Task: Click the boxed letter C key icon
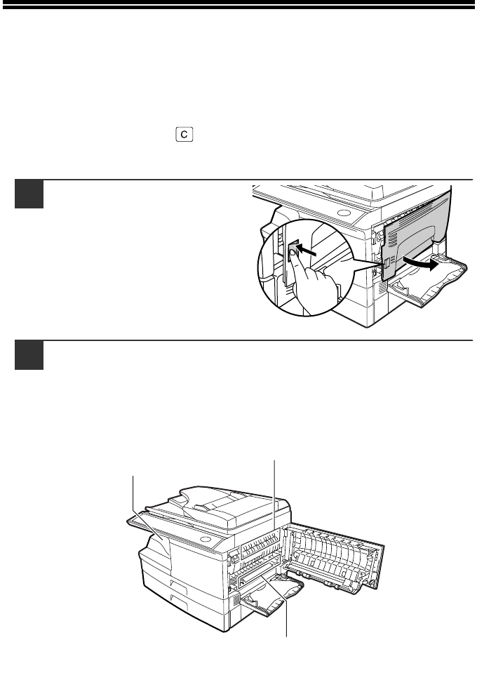pos(184,134)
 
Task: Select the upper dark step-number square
pos(29,194)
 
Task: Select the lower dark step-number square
pos(29,355)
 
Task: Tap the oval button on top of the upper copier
pos(344,213)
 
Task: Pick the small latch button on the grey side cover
pos(387,264)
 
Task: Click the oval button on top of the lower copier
pos(206,538)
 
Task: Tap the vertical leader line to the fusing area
pos(275,496)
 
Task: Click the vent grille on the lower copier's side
pos(236,601)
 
